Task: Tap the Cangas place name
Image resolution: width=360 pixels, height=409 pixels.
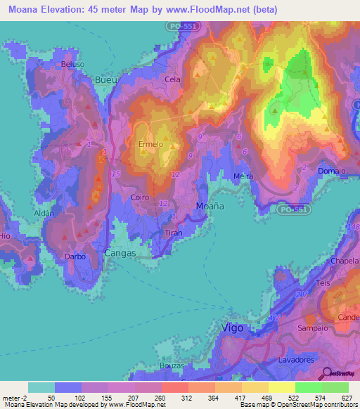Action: tap(120, 251)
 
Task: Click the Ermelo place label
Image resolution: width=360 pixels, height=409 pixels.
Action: tap(150, 145)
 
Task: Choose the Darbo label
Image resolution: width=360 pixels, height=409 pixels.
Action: tap(75, 257)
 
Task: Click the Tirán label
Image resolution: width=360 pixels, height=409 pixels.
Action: tap(173, 233)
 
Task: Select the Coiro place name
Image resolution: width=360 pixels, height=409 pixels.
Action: tap(139, 197)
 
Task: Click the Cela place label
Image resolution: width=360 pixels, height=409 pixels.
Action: tap(172, 79)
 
